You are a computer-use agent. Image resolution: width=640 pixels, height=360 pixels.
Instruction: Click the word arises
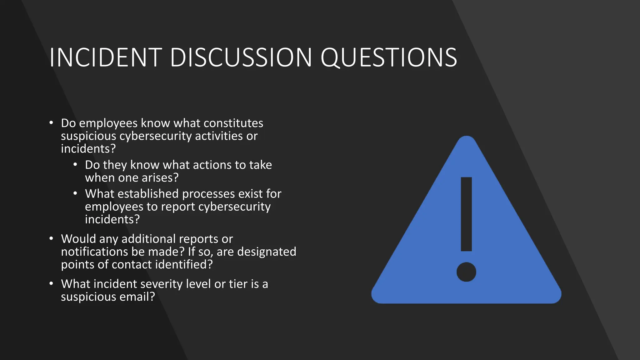pyautogui.click(x=160, y=177)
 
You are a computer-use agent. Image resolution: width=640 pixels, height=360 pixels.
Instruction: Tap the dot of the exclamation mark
pyautogui.click(x=466, y=272)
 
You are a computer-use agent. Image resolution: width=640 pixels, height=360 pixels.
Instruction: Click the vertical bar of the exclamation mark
pyautogui.click(x=466, y=214)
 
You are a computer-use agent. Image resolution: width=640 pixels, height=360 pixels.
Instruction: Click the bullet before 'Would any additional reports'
pyautogui.click(x=51, y=239)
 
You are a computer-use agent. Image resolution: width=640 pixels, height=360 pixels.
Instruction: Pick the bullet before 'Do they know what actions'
pyautogui.click(x=75, y=165)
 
